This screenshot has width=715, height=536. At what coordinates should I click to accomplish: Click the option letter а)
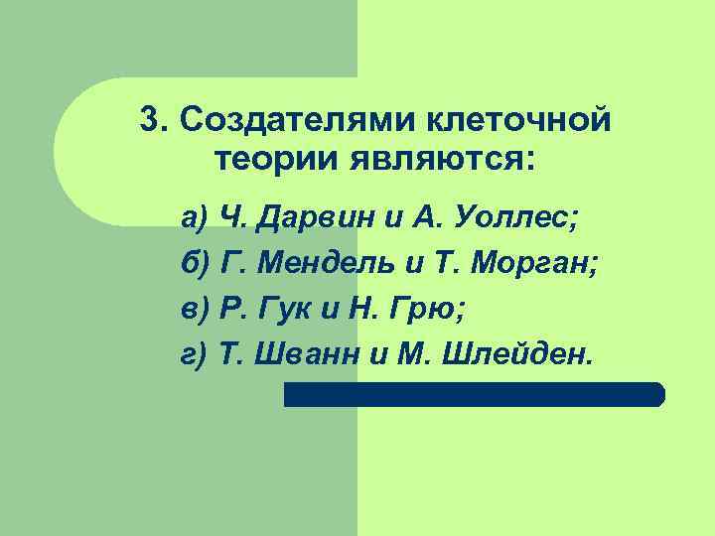click(x=193, y=216)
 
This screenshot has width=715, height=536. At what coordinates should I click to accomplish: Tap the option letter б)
click(x=195, y=263)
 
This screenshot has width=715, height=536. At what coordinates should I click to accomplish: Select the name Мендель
click(x=329, y=263)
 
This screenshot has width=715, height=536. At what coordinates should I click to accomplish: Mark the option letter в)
click(x=194, y=309)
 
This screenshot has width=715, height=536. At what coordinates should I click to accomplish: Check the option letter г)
click(x=193, y=354)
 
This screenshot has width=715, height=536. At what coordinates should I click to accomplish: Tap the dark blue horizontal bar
click(x=474, y=394)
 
